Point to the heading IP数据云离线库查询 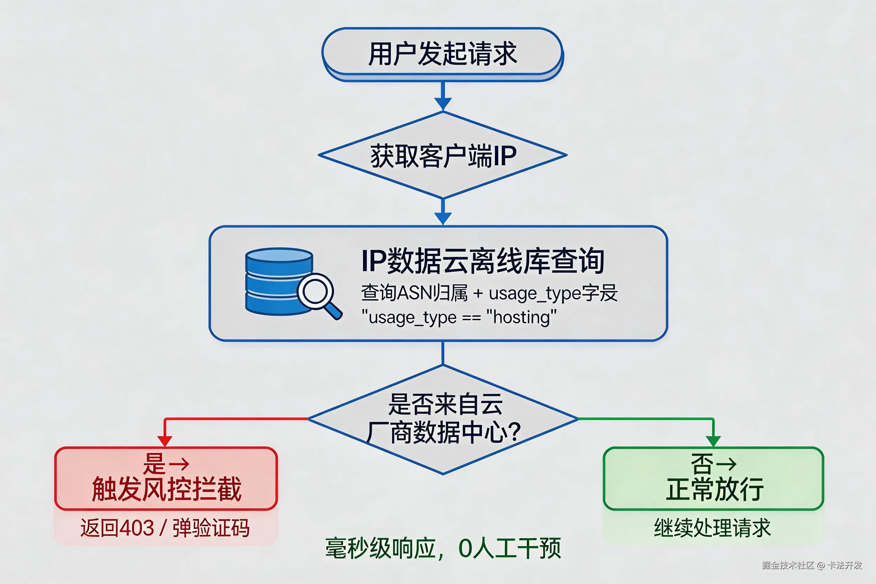[x=483, y=261]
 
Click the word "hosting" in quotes [x=522, y=318]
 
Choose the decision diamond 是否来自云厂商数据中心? [x=443, y=419]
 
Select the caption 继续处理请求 [x=712, y=528]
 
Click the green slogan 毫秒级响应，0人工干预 [x=443, y=548]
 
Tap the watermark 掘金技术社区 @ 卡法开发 [x=811, y=565]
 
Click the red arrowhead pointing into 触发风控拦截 [x=165, y=441]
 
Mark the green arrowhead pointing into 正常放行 [x=713, y=441]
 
